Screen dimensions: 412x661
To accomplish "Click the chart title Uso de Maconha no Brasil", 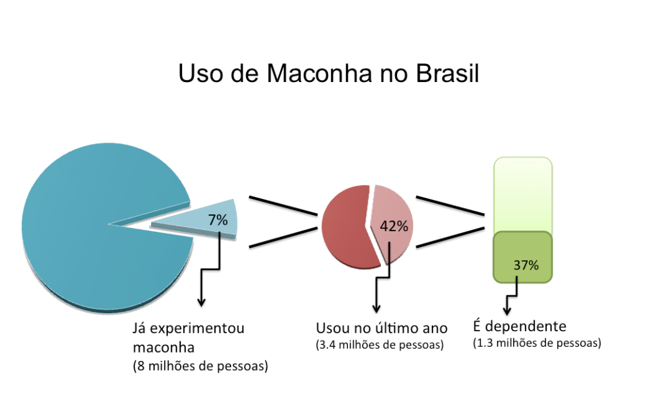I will pyautogui.click(x=329, y=73).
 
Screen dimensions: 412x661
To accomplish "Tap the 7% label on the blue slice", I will pyautogui.click(x=218, y=220).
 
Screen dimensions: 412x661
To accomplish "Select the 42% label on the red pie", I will pyautogui.click(x=394, y=226).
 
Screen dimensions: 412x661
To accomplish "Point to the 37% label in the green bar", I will pyautogui.click(x=526, y=265).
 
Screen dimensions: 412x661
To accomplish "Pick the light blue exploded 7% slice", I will pyautogui.click(x=194, y=223).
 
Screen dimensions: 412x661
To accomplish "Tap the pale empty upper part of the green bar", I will pyautogui.click(x=523, y=194).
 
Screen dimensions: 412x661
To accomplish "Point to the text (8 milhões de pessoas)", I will pyautogui.click(x=200, y=366).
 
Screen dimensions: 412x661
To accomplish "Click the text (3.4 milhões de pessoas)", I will pyautogui.click(x=380, y=345).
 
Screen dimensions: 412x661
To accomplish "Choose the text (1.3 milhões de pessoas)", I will pyautogui.click(x=537, y=343).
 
